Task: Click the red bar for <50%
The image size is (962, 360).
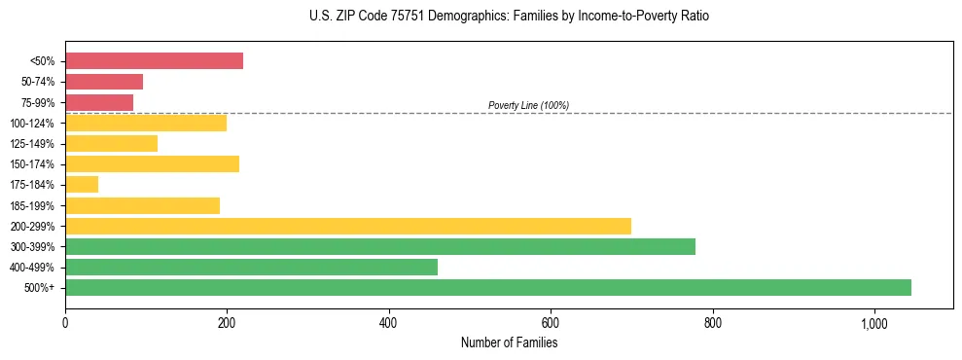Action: pyautogui.click(x=154, y=61)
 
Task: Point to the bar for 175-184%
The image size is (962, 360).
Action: pyautogui.click(x=82, y=184)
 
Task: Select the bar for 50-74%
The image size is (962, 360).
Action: pyautogui.click(x=104, y=82)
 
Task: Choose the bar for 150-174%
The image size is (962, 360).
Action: pyautogui.click(x=152, y=163)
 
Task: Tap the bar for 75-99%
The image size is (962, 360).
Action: pyautogui.click(x=99, y=102)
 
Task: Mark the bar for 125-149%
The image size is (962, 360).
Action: pyautogui.click(x=111, y=143)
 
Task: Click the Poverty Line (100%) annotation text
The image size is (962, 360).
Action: pyautogui.click(x=528, y=105)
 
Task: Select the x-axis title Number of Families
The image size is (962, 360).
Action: pyautogui.click(x=509, y=342)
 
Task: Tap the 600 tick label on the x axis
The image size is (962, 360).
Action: pyautogui.click(x=551, y=323)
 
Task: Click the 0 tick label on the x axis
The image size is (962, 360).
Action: pyautogui.click(x=65, y=323)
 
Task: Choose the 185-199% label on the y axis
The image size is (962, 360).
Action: pyautogui.click(x=32, y=205)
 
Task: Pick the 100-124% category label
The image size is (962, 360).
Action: pyautogui.click(x=32, y=124)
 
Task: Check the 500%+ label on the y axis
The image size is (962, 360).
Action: pyautogui.click(x=39, y=288)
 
